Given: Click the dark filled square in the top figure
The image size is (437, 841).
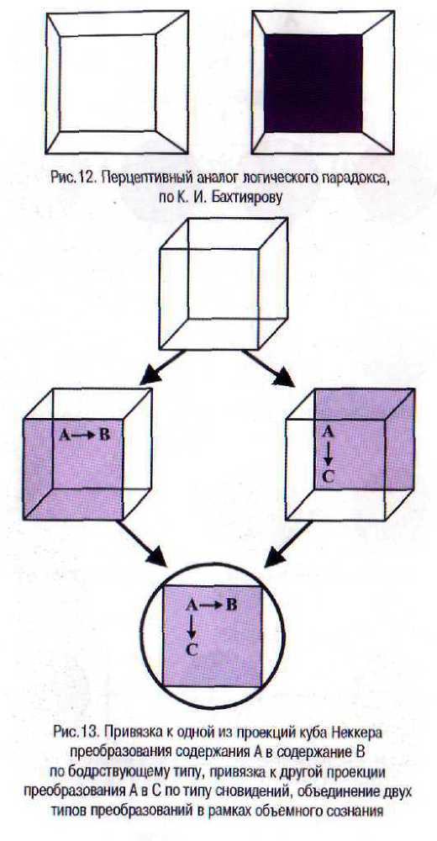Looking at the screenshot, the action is [313, 83].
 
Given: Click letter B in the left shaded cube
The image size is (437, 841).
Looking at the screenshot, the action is [104, 435].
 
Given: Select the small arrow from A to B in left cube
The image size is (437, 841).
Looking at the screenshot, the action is [85, 435].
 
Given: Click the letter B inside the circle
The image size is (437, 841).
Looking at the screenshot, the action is [231, 605].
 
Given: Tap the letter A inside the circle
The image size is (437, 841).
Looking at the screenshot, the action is [192, 605].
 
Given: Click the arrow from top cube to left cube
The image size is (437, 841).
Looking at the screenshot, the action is [162, 368].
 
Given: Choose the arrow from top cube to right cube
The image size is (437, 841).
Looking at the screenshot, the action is [267, 368].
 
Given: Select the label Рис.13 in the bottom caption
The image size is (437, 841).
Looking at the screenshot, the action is [76, 731].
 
